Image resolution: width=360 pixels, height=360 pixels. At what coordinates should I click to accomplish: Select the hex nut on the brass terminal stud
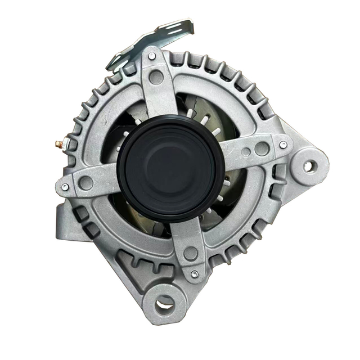63,145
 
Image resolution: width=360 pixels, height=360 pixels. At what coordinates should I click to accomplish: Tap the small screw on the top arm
152,56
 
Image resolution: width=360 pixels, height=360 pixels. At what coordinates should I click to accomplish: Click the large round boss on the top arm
156,77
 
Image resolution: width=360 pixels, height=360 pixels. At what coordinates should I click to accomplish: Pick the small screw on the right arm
283,145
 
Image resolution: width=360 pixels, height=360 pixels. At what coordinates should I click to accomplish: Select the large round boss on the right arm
262,148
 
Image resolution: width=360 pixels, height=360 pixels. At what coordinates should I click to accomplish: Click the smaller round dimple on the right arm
246,152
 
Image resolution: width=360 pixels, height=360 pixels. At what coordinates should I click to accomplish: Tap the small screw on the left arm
65,187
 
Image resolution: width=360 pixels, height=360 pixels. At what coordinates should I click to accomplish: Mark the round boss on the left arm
86,182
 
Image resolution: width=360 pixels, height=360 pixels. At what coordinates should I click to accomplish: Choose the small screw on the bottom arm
195,274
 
